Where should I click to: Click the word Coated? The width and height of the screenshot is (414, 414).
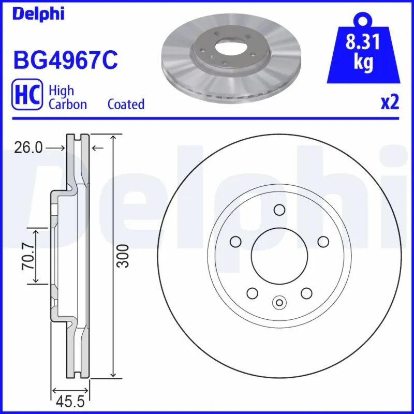click(126, 104)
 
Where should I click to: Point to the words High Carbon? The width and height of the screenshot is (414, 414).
click(67, 97)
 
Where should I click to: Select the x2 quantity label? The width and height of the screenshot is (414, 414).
click(390, 102)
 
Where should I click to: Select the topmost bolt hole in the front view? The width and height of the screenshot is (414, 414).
click(279, 210)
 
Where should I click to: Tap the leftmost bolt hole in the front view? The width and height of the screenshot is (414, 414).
click(235, 242)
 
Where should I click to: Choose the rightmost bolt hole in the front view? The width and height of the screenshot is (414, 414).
click(323, 242)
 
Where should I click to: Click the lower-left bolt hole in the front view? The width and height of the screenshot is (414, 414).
click(252, 293)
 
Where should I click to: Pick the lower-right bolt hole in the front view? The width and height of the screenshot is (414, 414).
click(306, 293)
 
